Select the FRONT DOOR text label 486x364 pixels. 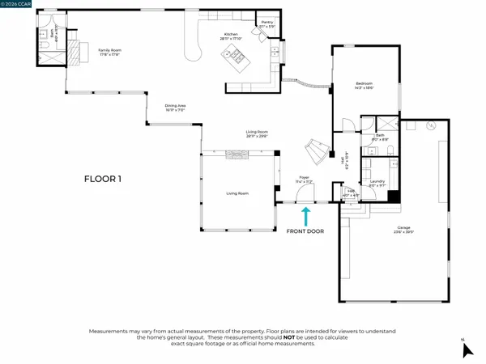305,231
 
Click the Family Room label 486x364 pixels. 109,52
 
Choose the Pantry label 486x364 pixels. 267,23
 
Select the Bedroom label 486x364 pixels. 364,86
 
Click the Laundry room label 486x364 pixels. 377,184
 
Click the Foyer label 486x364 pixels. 304,178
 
